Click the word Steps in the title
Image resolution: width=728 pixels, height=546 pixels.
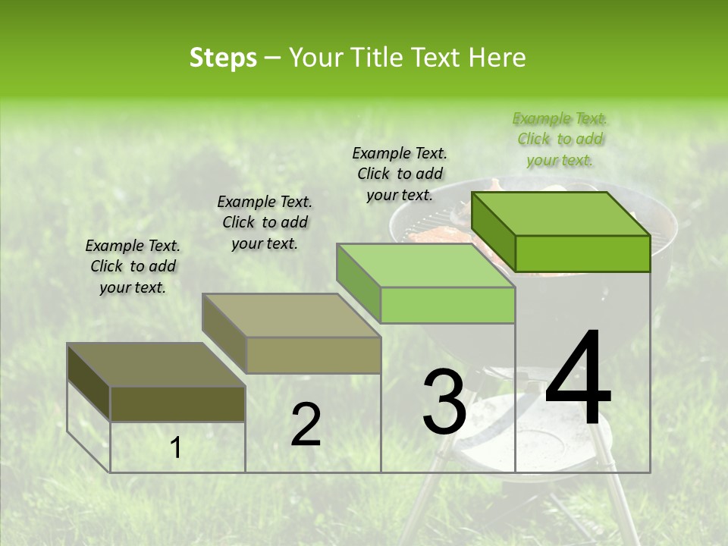[223, 58]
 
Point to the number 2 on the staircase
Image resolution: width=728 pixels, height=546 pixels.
[306, 425]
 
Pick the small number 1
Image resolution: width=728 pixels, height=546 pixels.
[175, 448]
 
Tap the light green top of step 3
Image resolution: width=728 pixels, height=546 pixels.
[425, 265]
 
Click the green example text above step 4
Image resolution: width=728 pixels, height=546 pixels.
[560, 140]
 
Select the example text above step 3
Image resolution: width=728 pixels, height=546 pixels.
[400, 174]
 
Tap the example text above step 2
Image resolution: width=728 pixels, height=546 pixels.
[265, 222]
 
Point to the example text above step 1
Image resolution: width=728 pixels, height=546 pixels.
[133, 266]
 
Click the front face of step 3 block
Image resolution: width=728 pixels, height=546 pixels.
[447, 306]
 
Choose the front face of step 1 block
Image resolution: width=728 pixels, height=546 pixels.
[177, 403]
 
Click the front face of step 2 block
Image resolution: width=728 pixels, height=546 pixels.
[313, 355]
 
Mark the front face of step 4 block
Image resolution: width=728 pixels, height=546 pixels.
[582, 253]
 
